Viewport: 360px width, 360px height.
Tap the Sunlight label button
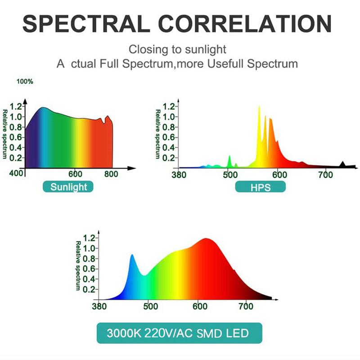tap(68, 187)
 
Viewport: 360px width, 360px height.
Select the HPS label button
tap(260, 187)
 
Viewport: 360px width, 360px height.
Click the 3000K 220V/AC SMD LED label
tap(178, 333)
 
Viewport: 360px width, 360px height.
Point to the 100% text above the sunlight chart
tap(25, 82)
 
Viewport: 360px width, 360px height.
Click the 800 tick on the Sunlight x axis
tap(111, 175)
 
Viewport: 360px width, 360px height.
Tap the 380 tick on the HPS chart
tap(179, 175)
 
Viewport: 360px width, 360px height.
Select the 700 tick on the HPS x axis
tap(325, 175)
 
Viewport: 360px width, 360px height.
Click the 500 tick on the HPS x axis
tap(229, 175)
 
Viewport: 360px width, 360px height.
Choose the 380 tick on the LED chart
tap(99, 307)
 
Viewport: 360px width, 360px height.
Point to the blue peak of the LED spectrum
tap(132, 256)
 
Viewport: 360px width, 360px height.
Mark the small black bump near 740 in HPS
tap(343, 164)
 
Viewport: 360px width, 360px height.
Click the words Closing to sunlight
tap(177, 49)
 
